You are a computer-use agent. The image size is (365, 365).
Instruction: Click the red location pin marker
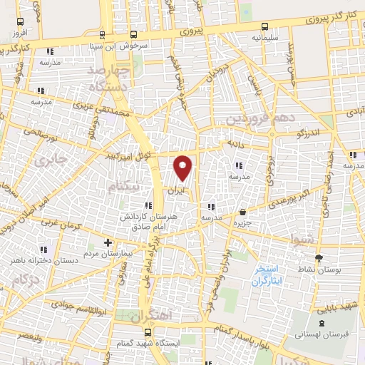coord(183,168)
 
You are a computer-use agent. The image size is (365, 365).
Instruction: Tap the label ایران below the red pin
coord(178,190)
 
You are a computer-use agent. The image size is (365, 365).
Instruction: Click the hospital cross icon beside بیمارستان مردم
coord(108,242)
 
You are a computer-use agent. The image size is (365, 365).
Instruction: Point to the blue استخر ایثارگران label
coord(267,276)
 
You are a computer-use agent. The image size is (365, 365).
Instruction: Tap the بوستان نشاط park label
coord(319,269)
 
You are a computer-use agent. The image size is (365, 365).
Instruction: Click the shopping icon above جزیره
coord(244,212)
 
